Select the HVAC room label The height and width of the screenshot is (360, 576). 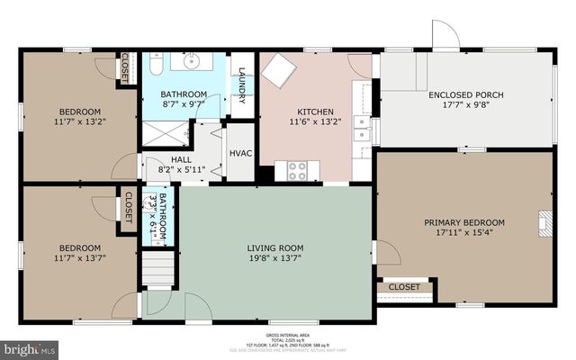(240, 153)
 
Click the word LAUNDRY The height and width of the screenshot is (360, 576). (241, 85)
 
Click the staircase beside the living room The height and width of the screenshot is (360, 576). (157, 268)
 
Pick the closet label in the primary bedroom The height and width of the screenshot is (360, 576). (405, 287)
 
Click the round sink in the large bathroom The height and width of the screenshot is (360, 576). (192, 62)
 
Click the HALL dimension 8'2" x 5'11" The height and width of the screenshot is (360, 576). (165, 167)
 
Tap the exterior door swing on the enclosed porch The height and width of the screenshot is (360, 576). (445, 35)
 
